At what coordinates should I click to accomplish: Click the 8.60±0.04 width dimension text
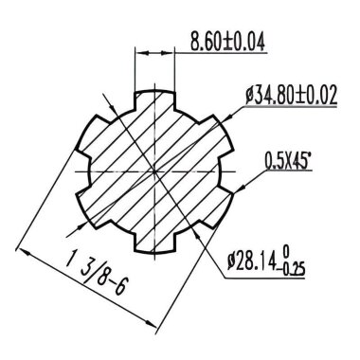(x=226, y=42)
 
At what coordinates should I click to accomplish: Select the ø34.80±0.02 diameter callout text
(x=291, y=96)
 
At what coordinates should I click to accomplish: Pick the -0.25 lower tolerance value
(x=298, y=266)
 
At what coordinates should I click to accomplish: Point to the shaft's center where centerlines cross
(x=154, y=169)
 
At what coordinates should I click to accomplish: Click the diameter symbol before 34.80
(x=249, y=96)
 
